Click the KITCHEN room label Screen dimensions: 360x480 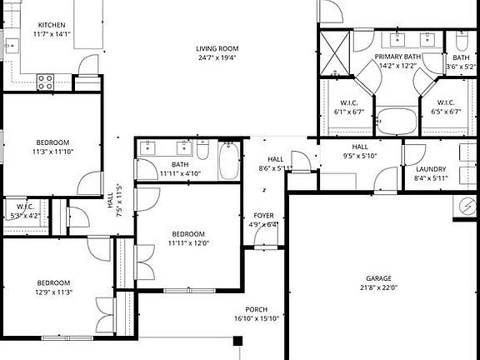coord(51,25)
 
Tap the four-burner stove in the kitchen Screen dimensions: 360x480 coord(45,81)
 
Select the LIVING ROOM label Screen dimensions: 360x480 coord(217,48)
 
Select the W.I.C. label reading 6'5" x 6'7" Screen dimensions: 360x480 coord(448,102)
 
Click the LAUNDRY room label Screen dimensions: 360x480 coord(430,169)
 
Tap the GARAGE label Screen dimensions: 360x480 coord(378,278)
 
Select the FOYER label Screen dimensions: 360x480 coord(264,216)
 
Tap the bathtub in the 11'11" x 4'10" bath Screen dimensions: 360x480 coord(229,162)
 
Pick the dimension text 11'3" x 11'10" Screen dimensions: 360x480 coord(53,152)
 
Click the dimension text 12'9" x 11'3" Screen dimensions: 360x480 coord(53,292)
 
